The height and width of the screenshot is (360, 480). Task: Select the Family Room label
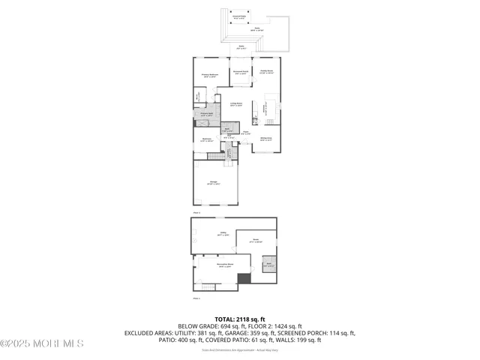(x=266, y=72)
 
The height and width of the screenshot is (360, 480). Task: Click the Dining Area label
(x=265, y=139)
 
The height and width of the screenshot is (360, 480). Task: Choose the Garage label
(x=214, y=182)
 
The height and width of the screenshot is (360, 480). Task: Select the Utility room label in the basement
(x=223, y=233)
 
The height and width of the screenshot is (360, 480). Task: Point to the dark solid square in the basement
(x=243, y=279)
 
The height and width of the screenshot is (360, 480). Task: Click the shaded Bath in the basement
(x=268, y=265)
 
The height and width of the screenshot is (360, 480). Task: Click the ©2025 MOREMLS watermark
(x=42, y=343)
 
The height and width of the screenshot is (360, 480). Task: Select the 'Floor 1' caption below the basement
(x=196, y=298)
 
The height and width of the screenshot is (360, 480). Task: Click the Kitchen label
(x=265, y=109)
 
